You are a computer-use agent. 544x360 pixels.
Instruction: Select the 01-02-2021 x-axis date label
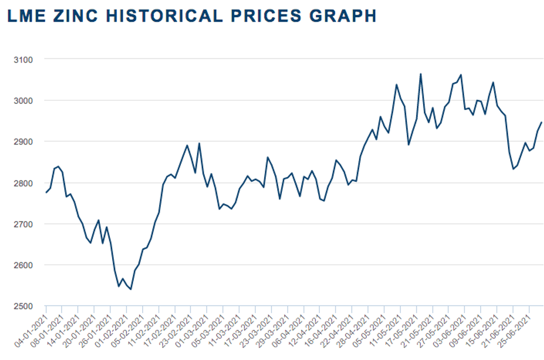point(113,324)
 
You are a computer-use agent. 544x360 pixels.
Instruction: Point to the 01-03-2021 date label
point(194,324)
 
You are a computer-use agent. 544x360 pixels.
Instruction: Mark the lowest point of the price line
point(130,289)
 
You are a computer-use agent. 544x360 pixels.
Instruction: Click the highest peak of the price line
point(421,73)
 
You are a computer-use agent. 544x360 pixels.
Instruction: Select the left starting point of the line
point(46,192)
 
